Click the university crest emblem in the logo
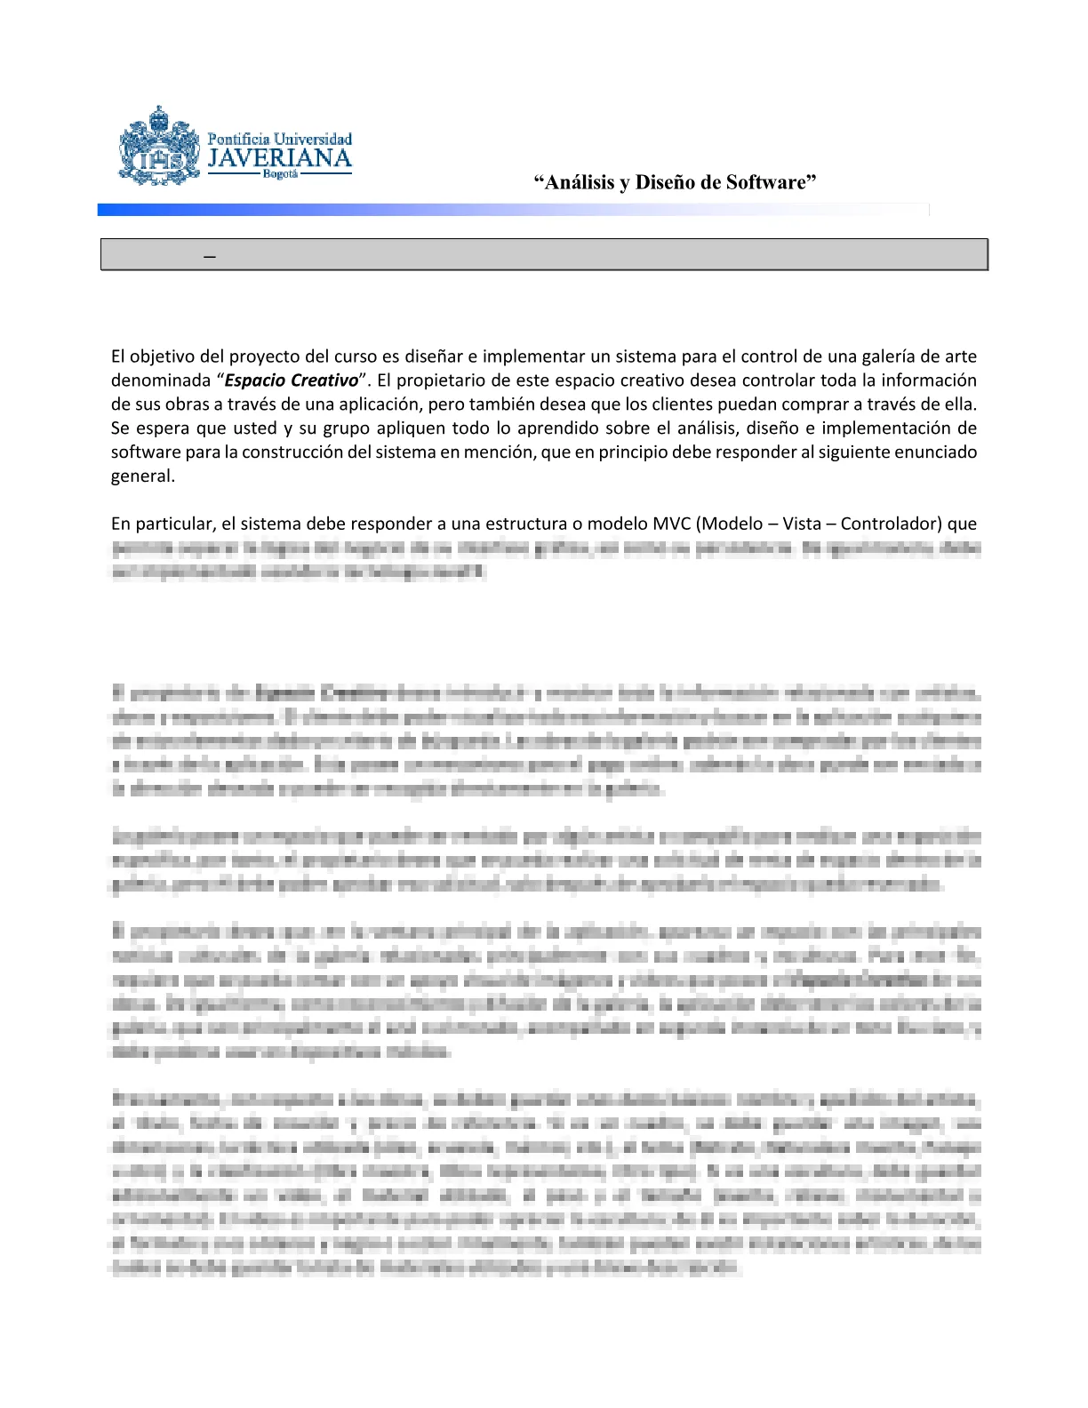click(x=159, y=147)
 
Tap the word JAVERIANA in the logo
click(x=279, y=159)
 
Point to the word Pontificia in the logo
click(x=238, y=139)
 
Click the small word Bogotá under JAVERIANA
click(x=280, y=174)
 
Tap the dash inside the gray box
click(x=210, y=256)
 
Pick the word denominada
click(x=159, y=380)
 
